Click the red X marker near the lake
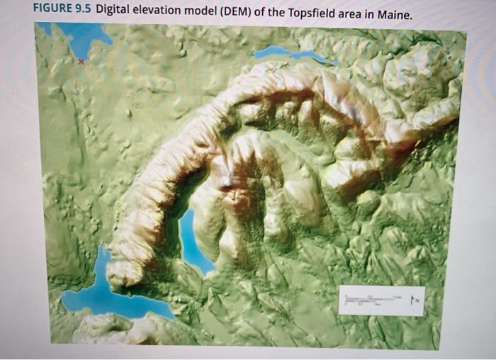(x=80, y=62)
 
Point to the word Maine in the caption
(x=393, y=14)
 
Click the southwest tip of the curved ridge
(x=123, y=273)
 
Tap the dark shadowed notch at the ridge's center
(x=225, y=181)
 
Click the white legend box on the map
(x=381, y=300)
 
